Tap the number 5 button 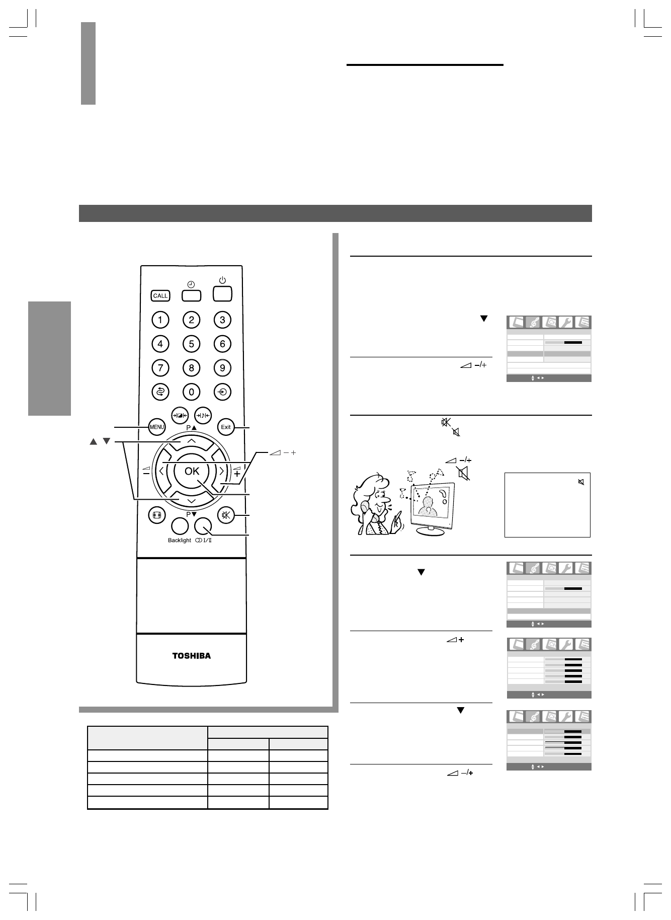click(x=191, y=344)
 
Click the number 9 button click(x=222, y=368)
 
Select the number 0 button click(x=191, y=392)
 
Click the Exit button click(x=225, y=427)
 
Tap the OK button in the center click(x=192, y=471)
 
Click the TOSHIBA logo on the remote click(x=192, y=656)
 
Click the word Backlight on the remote click(x=180, y=541)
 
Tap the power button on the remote click(x=222, y=293)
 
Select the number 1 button click(x=160, y=320)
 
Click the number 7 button click(x=160, y=368)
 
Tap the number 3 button click(x=222, y=320)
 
